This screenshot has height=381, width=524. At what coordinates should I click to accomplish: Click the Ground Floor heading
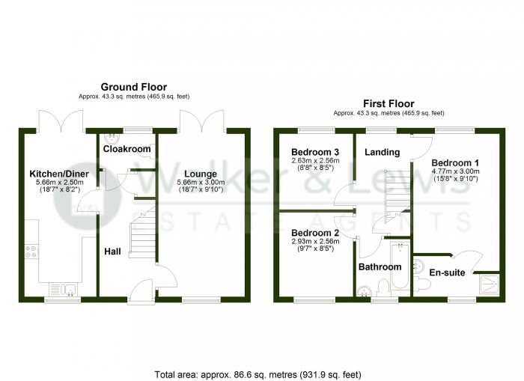[x=134, y=87]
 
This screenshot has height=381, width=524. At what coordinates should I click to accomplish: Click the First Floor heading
[x=389, y=103]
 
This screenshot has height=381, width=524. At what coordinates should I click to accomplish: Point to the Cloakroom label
[x=127, y=149]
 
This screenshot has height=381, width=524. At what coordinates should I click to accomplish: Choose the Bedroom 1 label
[x=456, y=162]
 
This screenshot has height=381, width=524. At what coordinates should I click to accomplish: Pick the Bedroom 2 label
[x=315, y=233]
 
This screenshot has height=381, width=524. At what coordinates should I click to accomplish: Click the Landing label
[x=382, y=152]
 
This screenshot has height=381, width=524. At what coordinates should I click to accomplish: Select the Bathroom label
[x=380, y=266]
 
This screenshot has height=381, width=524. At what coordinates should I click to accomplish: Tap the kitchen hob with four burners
[x=32, y=252]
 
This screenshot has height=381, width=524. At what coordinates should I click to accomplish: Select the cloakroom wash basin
[x=112, y=137]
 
